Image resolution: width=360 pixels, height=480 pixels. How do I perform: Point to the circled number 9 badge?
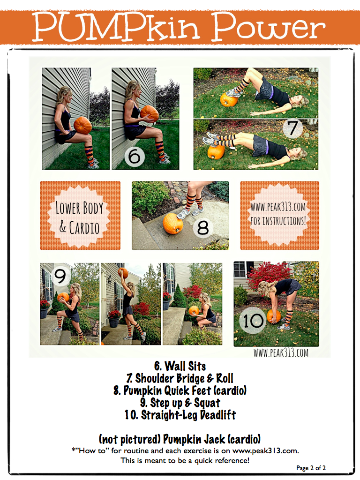(x=60, y=275)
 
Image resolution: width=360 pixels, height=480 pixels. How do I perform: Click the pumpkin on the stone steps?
(x=173, y=224)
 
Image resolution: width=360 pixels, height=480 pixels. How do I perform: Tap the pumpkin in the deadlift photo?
(x=274, y=316)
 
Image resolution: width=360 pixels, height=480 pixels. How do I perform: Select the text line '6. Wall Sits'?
(x=180, y=366)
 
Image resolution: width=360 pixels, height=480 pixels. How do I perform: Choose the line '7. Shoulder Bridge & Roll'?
(x=180, y=378)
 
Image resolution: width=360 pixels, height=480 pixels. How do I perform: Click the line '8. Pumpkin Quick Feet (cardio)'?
(x=180, y=390)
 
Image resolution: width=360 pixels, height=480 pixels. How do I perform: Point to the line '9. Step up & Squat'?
(x=180, y=403)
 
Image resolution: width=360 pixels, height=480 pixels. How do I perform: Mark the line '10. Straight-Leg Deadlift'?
(x=180, y=415)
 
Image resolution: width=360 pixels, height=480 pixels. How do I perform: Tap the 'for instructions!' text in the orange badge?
(x=279, y=220)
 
